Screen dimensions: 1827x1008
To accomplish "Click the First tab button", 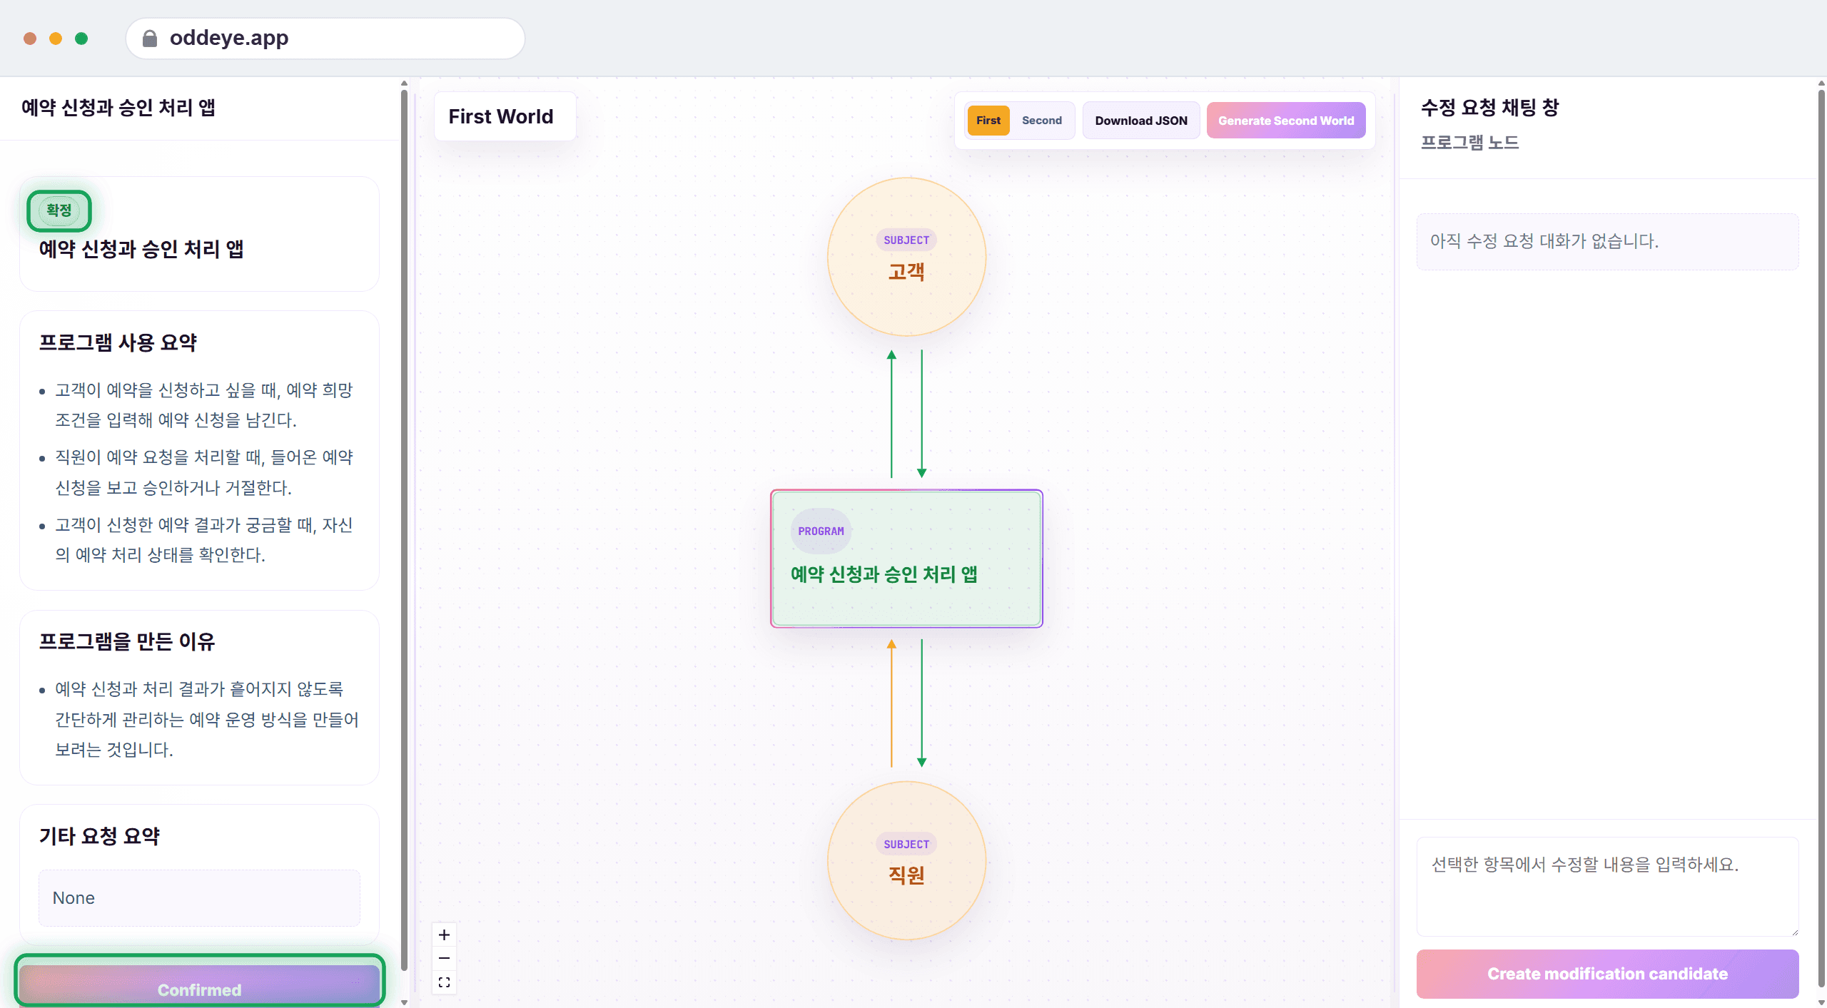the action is pos(988,121).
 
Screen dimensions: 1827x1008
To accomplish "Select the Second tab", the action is pos(1041,121).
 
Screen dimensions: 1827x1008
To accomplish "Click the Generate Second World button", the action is pos(1286,121).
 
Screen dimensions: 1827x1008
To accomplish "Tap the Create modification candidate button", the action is pos(1607,974).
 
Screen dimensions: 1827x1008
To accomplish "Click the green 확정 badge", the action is pos(59,210).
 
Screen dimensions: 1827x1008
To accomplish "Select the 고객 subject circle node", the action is pos(906,257).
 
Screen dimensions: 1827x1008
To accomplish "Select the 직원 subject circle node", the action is pos(906,860).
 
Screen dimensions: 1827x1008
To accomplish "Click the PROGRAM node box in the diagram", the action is pos(906,559).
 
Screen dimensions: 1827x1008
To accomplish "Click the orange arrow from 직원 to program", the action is pos(891,703).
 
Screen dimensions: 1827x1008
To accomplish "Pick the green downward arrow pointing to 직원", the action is pos(922,703).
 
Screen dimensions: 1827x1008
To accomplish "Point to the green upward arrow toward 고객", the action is pos(891,414).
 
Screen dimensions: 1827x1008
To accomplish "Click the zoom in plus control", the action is pos(444,935).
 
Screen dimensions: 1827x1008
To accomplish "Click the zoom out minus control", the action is pos(444,958).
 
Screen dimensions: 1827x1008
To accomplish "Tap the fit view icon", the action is pos(444,982).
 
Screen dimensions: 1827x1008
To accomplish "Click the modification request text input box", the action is pos(1607,887).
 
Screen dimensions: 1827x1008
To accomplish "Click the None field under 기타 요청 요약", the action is pos(199,898).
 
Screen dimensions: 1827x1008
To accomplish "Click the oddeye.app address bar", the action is pos(325,38).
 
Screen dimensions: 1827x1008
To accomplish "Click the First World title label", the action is pos(501,116).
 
